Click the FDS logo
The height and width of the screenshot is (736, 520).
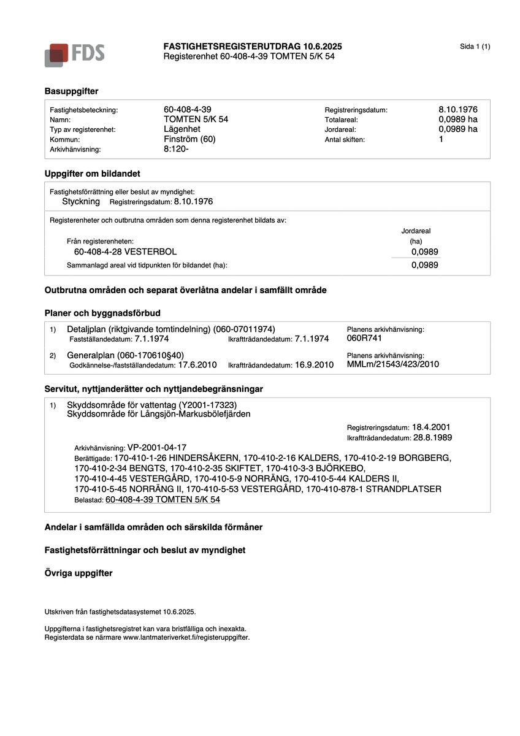click(74, 54)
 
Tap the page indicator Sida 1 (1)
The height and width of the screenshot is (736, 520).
click(475, 47)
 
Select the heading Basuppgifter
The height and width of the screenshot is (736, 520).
click(71, 91)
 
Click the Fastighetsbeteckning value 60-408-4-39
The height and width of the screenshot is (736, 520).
click(188, 109)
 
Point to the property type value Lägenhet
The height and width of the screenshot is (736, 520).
click(182, 129)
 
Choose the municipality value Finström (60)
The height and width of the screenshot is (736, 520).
click(189, 139)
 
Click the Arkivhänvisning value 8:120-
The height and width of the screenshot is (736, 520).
click(177, 148)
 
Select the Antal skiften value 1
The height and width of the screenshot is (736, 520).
click(441, 139)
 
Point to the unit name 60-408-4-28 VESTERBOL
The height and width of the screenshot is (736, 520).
click(125, 251)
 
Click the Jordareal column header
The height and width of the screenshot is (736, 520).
click(416, 231)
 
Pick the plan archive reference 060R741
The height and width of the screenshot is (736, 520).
click(364, 338)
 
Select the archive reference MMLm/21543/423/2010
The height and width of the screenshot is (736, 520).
click(393, 364)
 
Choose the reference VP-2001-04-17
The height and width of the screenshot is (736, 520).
click(156, 448)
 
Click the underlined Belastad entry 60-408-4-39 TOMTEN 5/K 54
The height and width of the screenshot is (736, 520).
click(162, 500)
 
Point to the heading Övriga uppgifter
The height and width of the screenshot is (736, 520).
click(78, 573)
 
